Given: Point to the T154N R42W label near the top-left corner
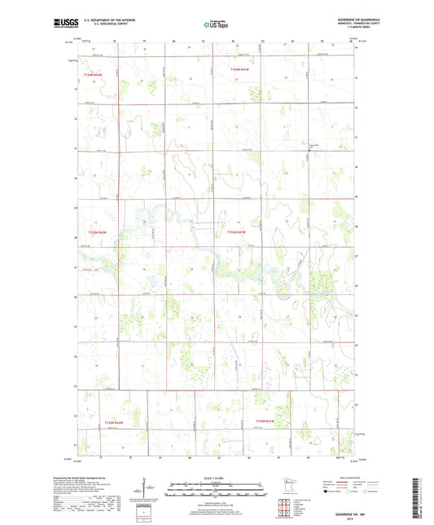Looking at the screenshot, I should point(94,74).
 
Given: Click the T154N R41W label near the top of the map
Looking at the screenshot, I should point(243,71).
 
